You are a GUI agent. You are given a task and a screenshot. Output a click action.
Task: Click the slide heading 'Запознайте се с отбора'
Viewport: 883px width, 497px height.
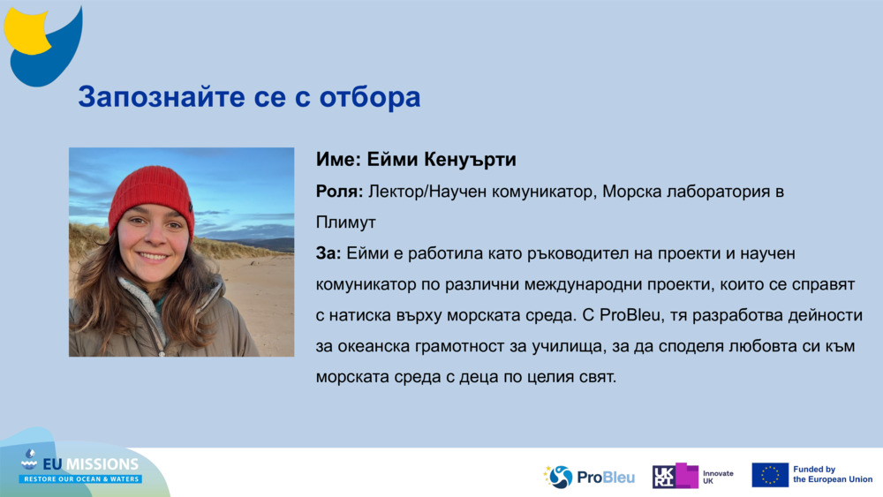click(249, 97)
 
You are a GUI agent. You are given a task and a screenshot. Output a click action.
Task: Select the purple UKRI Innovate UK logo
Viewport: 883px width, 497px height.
click(692, 477)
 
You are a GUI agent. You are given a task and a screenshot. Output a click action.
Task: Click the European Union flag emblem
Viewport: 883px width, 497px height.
click(770, 475)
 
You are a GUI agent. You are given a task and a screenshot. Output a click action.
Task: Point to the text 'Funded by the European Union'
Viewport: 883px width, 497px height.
click(832, 475)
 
